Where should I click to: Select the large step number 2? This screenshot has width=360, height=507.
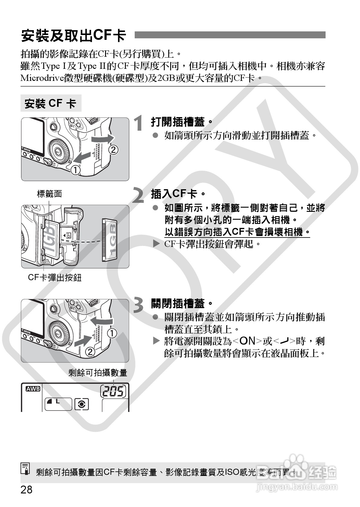coord(138,195)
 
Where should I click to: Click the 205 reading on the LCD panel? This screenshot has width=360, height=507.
coord(113,391)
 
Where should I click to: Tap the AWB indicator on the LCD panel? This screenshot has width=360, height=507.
coord(33,389)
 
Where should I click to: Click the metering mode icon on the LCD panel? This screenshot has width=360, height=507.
coord(82,404)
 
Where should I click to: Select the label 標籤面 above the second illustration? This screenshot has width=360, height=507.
coord(50,194)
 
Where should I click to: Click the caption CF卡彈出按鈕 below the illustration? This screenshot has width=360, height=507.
coord(55,278)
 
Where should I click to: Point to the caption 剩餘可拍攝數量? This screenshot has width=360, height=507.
coord(98,372)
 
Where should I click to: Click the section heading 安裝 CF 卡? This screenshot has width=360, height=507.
coord(50,104)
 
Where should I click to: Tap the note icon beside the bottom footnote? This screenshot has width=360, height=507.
coord(25,468)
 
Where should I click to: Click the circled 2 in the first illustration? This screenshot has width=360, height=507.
coord(114,150)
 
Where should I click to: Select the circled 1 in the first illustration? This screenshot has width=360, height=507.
coord(76,170)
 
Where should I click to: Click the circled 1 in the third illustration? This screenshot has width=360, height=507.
coord(112,333)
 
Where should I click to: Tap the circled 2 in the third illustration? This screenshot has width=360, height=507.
coord(90,352)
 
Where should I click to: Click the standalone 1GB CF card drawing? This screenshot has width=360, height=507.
coord(110,240)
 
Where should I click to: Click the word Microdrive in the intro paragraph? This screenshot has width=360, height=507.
coord(42,78)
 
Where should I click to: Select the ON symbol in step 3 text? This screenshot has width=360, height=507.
coord(247,341)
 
